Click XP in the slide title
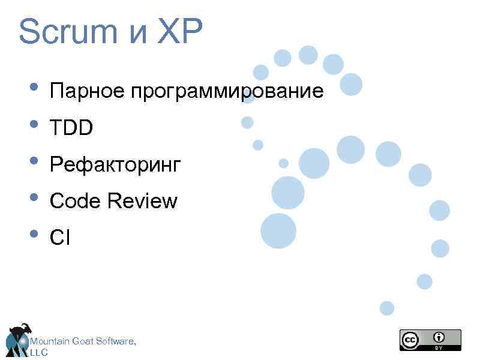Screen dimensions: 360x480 [x=181, y=33]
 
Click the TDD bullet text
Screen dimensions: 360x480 [x=72, y=128]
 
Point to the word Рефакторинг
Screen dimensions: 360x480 [x=115, y=165]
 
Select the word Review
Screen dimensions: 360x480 [x=143, y=201]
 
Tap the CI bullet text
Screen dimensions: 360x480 [x=60, y=238]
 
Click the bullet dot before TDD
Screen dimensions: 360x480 [x=34, y=125]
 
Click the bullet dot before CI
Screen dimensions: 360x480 [x=34, y=235]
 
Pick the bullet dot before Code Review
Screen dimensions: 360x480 [x=34, y=198]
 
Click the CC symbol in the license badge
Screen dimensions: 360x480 [x=410, y=340]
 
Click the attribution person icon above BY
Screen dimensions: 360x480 [x=440, y=337]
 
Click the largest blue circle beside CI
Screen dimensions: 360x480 [x=278, y=231]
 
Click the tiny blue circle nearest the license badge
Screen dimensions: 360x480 [x=387, y=308]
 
